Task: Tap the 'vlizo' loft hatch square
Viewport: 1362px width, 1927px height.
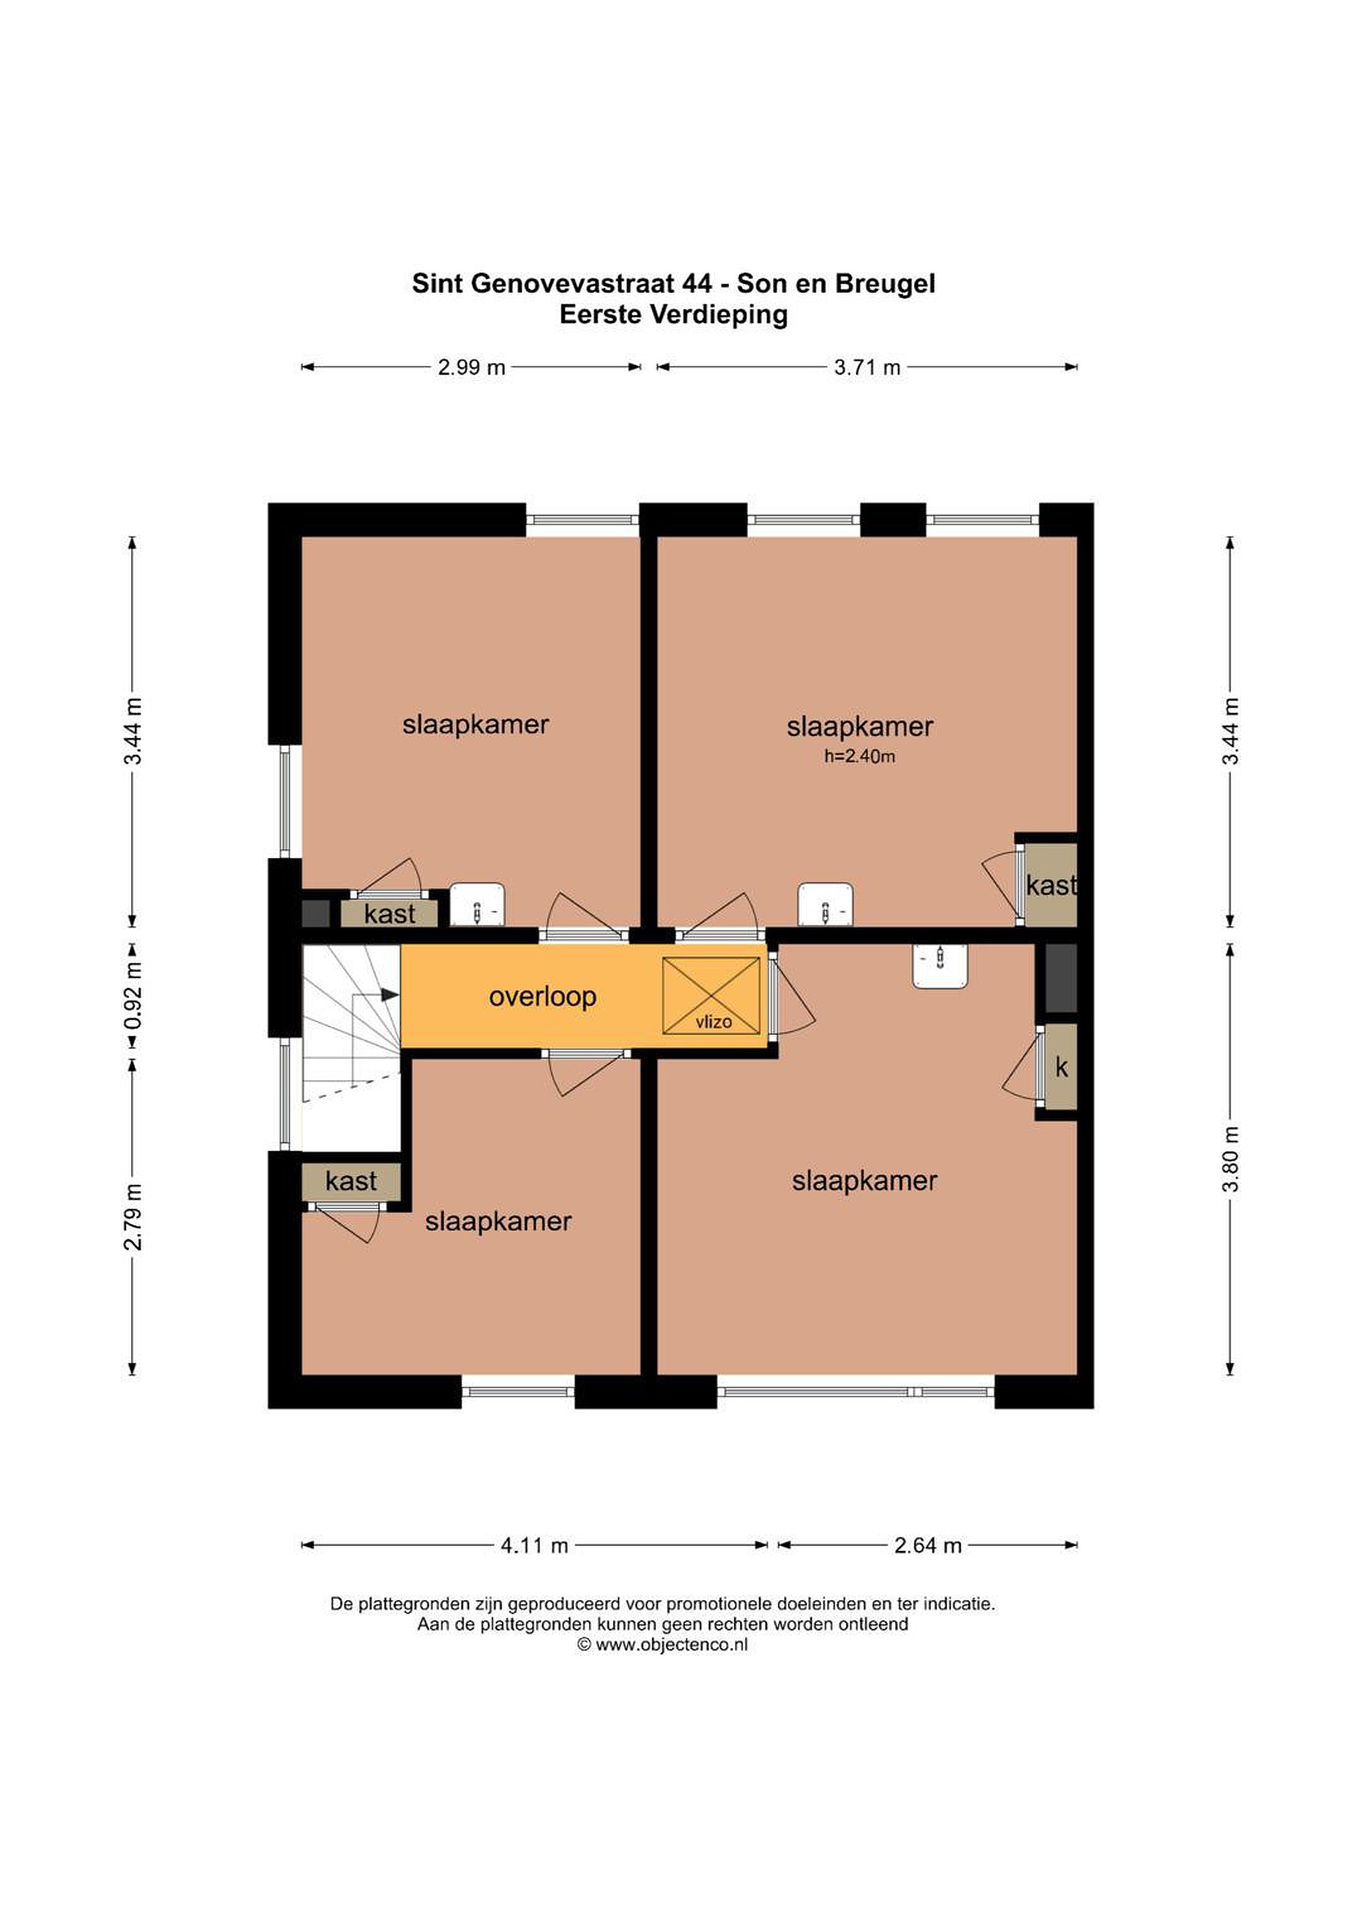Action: click(x=711, y=996)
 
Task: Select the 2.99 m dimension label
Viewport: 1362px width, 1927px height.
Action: click(x=471, y=367)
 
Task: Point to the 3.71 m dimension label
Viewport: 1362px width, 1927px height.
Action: click(x=867, y=367)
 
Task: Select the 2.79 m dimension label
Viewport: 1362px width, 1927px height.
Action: click(x=132, y=1216)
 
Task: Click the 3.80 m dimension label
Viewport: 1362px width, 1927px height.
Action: click(x=1230, y=1158)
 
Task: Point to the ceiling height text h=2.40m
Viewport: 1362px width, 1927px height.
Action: click(x=860, y=756)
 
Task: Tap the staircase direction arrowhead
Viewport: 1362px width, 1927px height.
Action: click(x=389, y=994)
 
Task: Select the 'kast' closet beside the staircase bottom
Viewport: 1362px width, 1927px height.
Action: click(x=351, y=1182)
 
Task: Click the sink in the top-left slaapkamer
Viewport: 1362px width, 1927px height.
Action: click(x=477, y=904)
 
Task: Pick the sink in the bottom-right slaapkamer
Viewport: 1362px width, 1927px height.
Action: click(x=940, y=966)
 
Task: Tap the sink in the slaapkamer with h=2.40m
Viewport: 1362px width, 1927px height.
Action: click(x=825, y=904)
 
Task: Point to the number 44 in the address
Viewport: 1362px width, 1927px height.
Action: click(x=696, y=284)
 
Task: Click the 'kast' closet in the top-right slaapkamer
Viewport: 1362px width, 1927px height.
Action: click(x=1051, y=885)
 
